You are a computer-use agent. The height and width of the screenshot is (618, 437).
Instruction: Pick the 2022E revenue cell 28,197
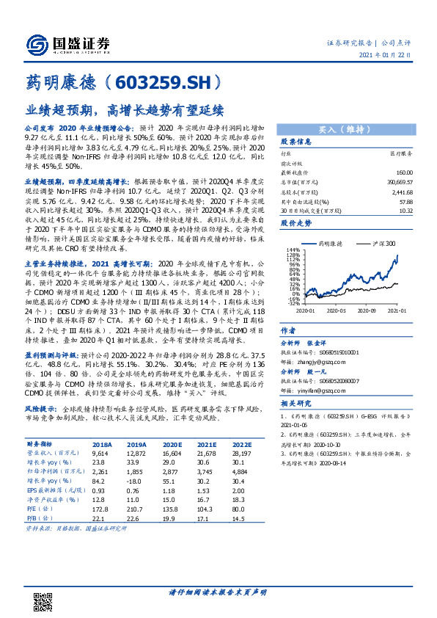242,454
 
